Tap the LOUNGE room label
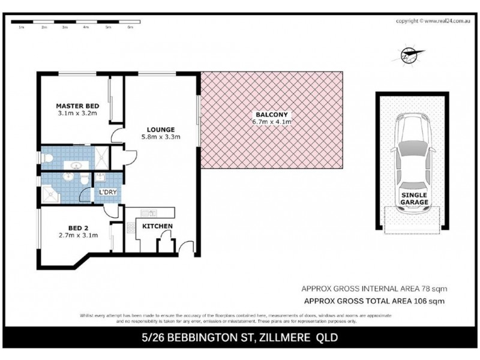(160, 129)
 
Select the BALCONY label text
(272, 114)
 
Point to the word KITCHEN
(157, 226)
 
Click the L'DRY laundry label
(109, 193)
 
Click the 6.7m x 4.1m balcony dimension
(272, 122)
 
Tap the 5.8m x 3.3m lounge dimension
(160, 137)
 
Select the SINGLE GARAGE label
(415, 199)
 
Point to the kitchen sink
(148, 212)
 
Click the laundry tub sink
(100, 178)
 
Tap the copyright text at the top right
(430, 20)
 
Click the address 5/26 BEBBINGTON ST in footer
(198, 337)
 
